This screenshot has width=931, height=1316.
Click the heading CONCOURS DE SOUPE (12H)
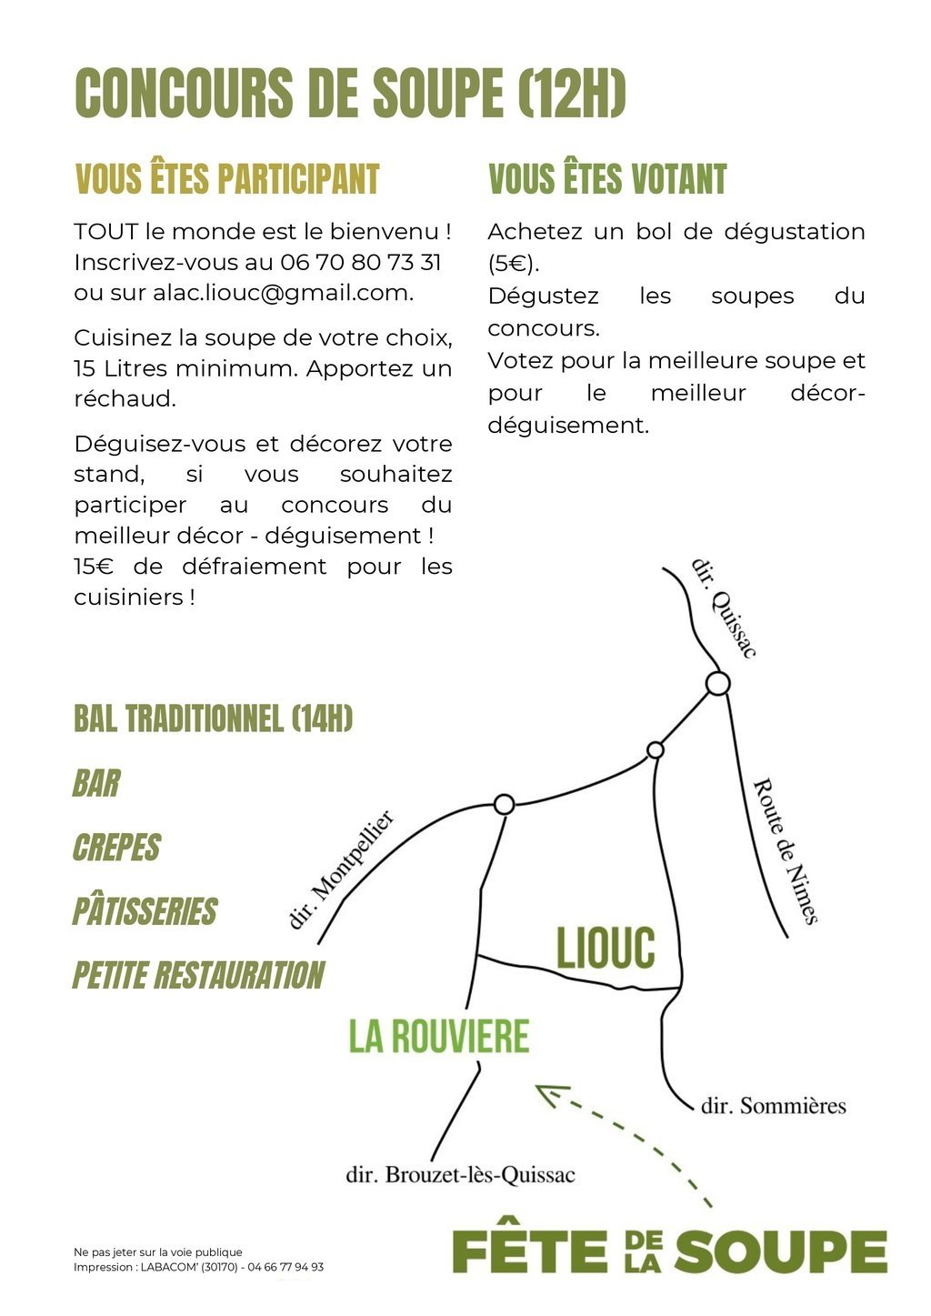[x=350, y=93]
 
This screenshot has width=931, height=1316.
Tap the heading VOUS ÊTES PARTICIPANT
[x=226, y=179]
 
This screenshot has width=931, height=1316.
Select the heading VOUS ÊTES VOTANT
[x=607, y=179]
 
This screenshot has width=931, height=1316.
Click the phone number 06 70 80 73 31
[x=361, y=263]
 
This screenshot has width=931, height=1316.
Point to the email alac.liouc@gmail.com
[x=283, y=293]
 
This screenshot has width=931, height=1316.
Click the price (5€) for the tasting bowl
[x=513, y=264]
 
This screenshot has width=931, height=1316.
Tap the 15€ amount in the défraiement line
[x=94, y=567]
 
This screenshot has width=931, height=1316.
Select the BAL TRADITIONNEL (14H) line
[x=213, y=718]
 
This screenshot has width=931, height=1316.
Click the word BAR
[x=96, y=783]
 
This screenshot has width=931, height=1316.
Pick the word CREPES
[x=116, y=848]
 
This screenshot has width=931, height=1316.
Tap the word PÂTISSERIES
[x=145, y=911]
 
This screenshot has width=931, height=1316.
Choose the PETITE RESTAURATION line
[x=198, y=975]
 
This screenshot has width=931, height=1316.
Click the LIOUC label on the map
[x=606, y=949]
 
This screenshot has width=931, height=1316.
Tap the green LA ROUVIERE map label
[x=439, y=1037]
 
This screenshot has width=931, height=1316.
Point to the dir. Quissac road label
[x=724, y=608]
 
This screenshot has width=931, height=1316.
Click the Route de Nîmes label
[x=785, y=850]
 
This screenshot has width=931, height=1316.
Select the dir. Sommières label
[x=773, y=1106]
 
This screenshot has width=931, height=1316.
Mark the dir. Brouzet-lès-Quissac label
[x=460, y=1175]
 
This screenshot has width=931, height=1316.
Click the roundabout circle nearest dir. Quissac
[x=717, y=683]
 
